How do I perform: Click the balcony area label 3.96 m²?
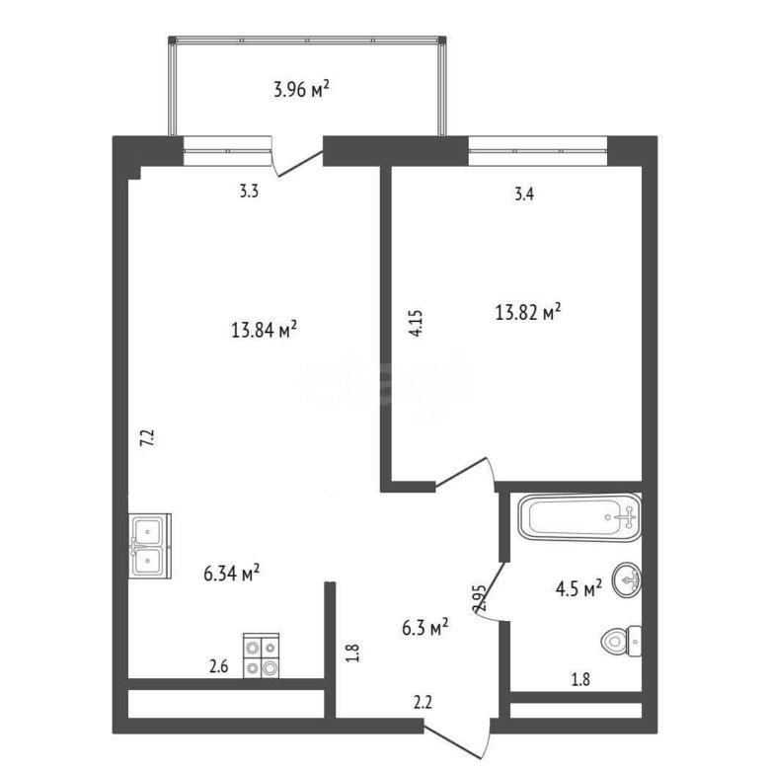301,90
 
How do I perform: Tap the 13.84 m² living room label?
264,330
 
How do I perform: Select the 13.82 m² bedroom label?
528,312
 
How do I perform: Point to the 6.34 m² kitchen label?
232,573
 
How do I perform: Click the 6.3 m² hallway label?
425,627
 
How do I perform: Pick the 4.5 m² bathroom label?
578,588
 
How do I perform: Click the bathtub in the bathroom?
579,517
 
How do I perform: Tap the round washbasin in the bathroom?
627,579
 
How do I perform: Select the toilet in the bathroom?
621,641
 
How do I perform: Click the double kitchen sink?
150,546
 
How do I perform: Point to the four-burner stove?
262,655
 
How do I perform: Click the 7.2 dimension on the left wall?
148,437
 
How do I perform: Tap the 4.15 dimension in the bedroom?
416,323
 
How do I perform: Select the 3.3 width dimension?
249,192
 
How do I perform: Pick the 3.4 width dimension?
524,194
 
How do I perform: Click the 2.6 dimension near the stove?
218,667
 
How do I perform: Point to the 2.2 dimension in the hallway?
423,703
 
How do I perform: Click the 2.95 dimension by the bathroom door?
479,598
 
